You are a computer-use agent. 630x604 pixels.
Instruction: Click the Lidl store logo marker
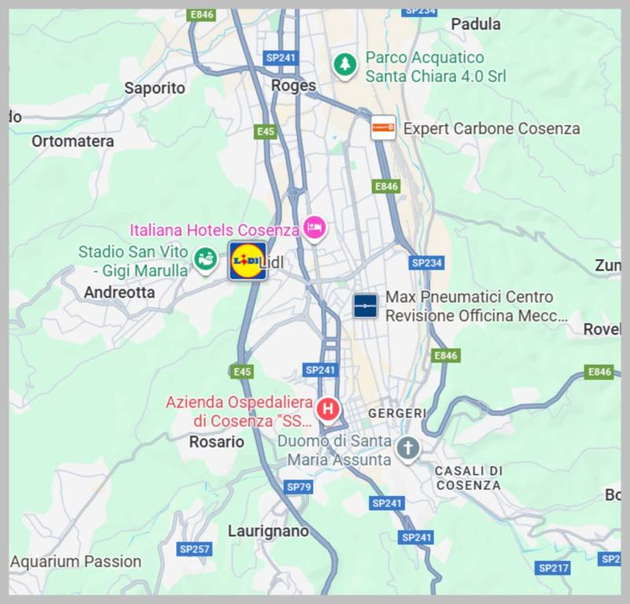click(x=247, y=260)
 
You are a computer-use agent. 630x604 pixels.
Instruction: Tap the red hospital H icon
click(x=328, y=409)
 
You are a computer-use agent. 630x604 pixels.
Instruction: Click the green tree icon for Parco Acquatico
click(x=344, y=64)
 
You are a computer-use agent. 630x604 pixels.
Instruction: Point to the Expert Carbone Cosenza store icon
click(x=383, y=127)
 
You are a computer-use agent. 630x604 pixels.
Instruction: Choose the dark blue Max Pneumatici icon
click(x=365, y=305)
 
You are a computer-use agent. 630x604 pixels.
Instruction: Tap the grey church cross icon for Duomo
click(x=407, y=449)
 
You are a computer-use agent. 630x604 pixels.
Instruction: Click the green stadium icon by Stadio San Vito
click(x=206, y=259)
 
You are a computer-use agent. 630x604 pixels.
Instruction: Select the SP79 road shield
click(x=299, y=487)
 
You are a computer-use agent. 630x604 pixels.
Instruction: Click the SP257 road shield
click(x=194, y=548)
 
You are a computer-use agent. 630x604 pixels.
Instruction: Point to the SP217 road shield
click(x=553, y=567)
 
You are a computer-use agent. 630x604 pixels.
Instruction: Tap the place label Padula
click(x=476, y=24)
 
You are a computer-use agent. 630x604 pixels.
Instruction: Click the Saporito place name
click(x=155, y=88)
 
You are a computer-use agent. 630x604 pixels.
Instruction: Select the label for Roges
click(x=293, y=85)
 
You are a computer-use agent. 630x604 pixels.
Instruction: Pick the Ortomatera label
click(x=72, y=142)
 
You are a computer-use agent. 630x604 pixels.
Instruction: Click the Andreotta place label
click(x=120, y=293)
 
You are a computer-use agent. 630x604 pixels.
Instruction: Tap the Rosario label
click(x=216, y=442)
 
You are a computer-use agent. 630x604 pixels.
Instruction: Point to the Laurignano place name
click(x=268, y=531)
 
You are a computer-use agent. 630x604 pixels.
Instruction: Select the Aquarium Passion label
click(x=76, y=562)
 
